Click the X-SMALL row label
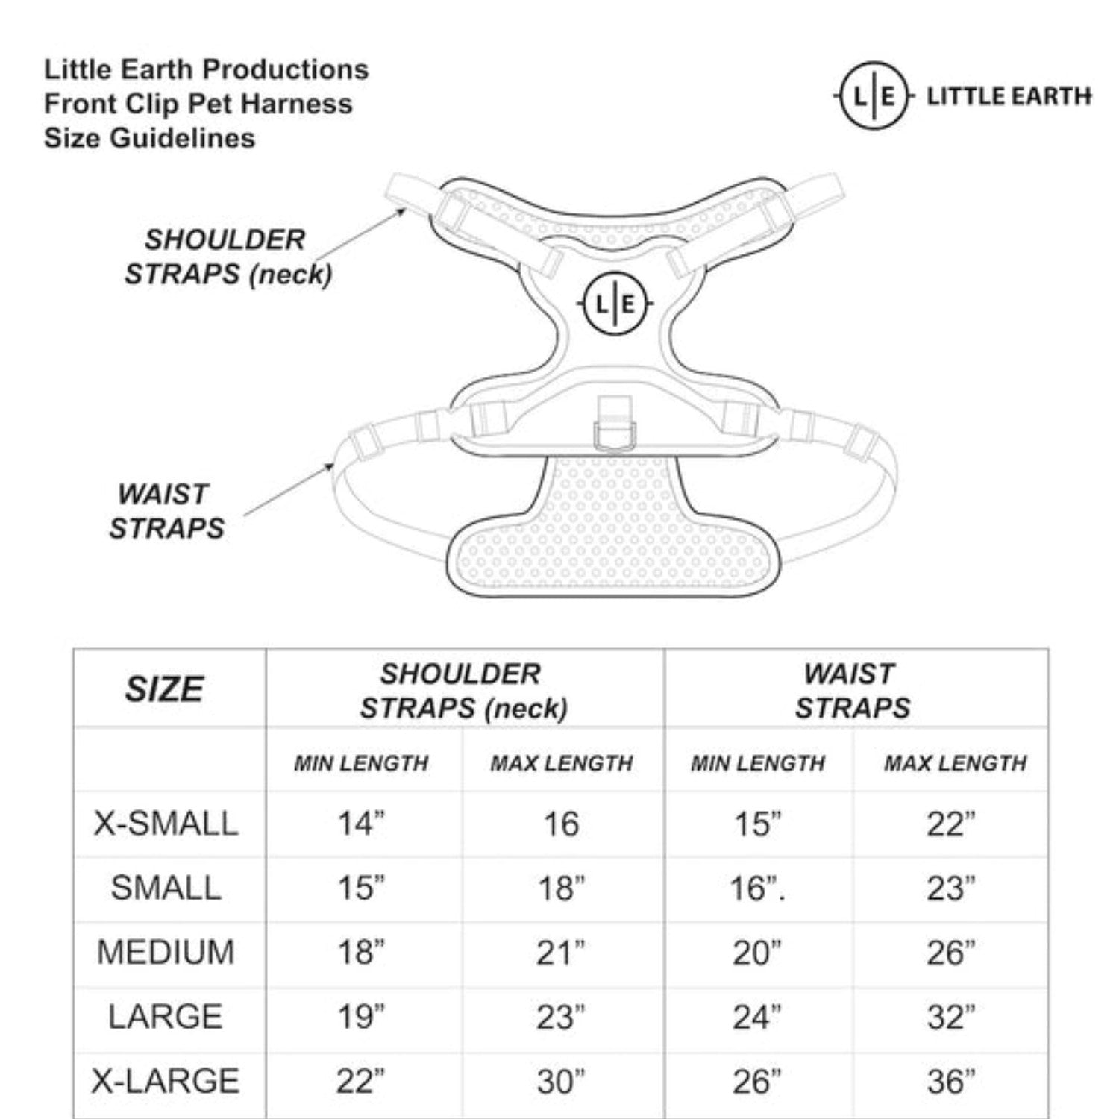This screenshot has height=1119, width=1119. pyautogui.click(x=166, y=824)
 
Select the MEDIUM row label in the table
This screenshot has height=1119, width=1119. pyautogui.click(x=166, y=952)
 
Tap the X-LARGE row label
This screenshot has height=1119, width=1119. pyautogui.click(x=166, y=1080)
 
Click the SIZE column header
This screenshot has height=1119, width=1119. pyautogui.click(x=164, y=689)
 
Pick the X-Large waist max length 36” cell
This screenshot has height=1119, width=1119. pyautogui.click(x=951, y=1081)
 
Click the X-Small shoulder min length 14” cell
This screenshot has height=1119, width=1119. pyautogui.click(x=362, y=824)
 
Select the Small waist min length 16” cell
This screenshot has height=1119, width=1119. pyautogui.click(x=757, y=888)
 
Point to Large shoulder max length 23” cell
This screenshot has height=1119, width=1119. pyautogui.click(x=561, y=1016)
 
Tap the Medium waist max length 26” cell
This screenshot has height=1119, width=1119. pyautogui.click(x=951, y=952)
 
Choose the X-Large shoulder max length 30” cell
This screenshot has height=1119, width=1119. pyautogui.click(x=561, y=1081)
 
